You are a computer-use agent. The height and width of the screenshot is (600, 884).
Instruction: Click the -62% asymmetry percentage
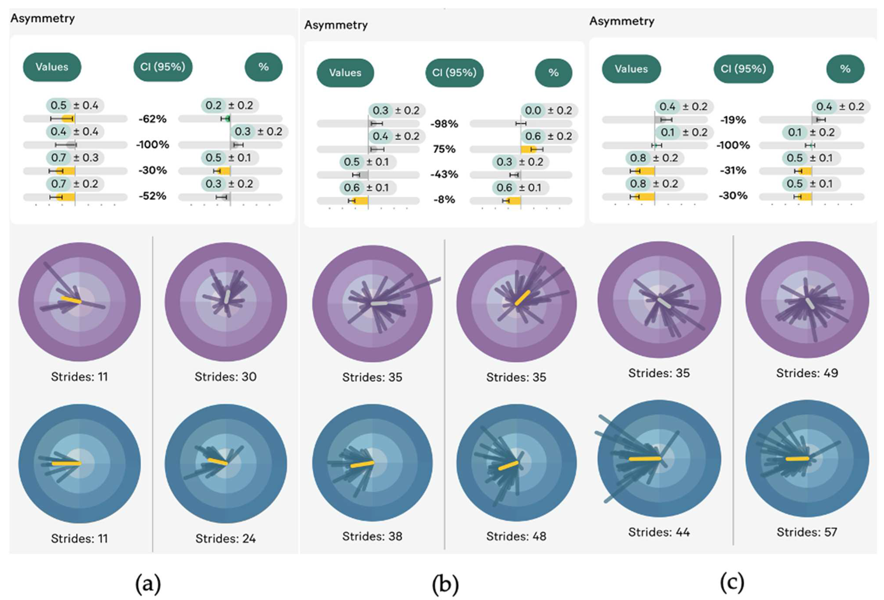tap(152, 119)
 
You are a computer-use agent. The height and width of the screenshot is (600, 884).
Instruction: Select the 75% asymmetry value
tap(444, 149)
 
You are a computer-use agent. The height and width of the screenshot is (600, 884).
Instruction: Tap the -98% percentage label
tap(444, 124)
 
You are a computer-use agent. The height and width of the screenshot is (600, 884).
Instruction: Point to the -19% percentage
tap(733, 120)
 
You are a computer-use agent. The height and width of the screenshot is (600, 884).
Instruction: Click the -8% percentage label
tap(444, 200)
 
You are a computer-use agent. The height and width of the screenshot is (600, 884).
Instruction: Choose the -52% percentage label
tap(152, 196)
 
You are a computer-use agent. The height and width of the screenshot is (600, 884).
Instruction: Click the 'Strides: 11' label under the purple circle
tap(79, 377)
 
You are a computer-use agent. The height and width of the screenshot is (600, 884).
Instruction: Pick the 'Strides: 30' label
tap(226, 377)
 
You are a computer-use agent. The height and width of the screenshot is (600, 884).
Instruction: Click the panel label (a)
tap(148, 584)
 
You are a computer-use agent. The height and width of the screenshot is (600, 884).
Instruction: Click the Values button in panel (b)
tap(345, 73)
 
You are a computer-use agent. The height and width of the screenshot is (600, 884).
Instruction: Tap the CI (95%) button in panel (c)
tap(743, 69)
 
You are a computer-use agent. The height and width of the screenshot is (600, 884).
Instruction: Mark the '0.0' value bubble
tap(533, 111)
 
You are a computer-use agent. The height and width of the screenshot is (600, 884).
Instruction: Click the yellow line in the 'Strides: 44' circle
tap(645, 459)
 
